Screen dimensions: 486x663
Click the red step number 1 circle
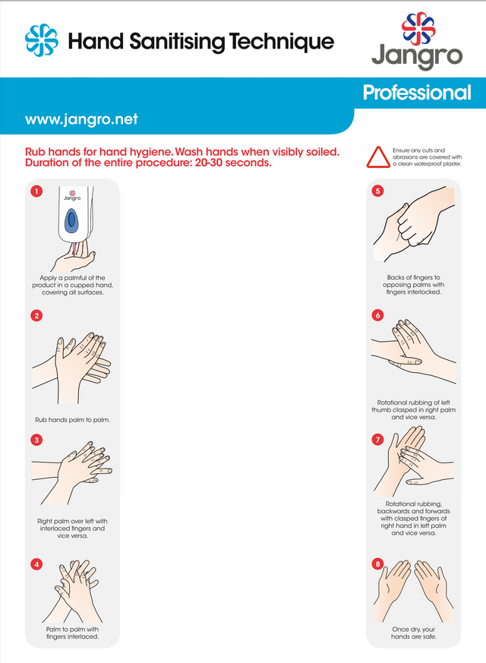pyautogui.click(x=36, y=191)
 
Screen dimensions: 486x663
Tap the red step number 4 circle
pyautogui.click(x=36, y=564)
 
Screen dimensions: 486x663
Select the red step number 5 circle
pyautogui.click(x=378, y=191)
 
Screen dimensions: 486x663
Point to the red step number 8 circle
pyautogui.click(x=378, y=564)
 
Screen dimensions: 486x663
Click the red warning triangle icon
pyautogui.click(x=378, y=157)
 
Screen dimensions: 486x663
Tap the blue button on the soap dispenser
pyautogui.click(x=71, y=221)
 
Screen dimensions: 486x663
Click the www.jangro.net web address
pyautogui.click(x=81, y=119)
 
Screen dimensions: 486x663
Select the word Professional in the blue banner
pyautogui.click(x=417, y=93)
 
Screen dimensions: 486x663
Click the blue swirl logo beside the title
pyautogui.click(x=42, y=40)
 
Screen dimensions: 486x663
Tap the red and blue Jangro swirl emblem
pyautogui.click(x=418, y=28)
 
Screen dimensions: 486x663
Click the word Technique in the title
pyautogui.click(x=282, y=42)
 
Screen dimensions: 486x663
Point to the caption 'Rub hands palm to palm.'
pyautogui.click(x=73, y=420)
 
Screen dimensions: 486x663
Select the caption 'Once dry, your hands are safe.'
pyautogui.click(x=414, y=633)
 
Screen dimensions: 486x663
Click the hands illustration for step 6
pyautogui.click(x=413, y=352)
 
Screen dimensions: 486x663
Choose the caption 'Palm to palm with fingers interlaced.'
pyautogui.click(x=73, y=633)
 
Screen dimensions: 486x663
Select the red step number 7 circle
pyautogui.click(x=378, y=440)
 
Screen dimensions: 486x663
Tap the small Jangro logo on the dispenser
pyautogui.click(x=72, y=195)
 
